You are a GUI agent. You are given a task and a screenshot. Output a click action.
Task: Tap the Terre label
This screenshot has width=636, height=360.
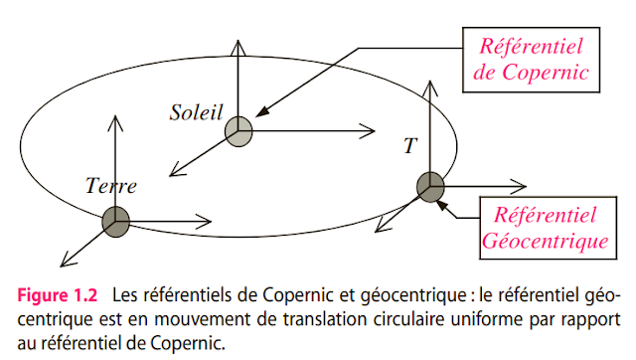pos(110,185)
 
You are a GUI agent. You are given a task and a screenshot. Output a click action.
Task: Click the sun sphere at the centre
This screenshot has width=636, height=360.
pos(238,130)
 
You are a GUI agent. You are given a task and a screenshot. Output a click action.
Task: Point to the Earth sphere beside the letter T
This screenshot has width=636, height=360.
pos(429,186)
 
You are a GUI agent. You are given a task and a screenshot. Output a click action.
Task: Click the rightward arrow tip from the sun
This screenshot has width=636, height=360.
pos(372,130)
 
